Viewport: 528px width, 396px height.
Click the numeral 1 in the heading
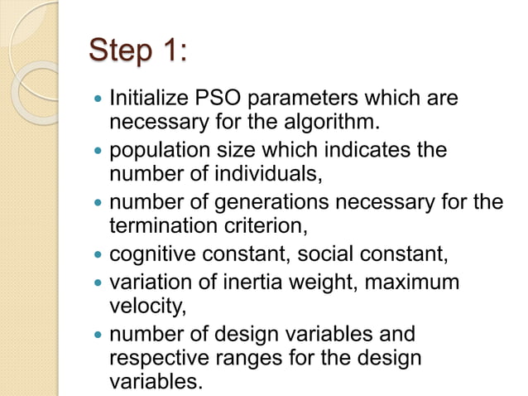click(171, 52)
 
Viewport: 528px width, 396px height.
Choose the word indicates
click(370, 152)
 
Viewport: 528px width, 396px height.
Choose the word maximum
click(412, 282)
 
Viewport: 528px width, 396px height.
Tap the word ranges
click(261, 358)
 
